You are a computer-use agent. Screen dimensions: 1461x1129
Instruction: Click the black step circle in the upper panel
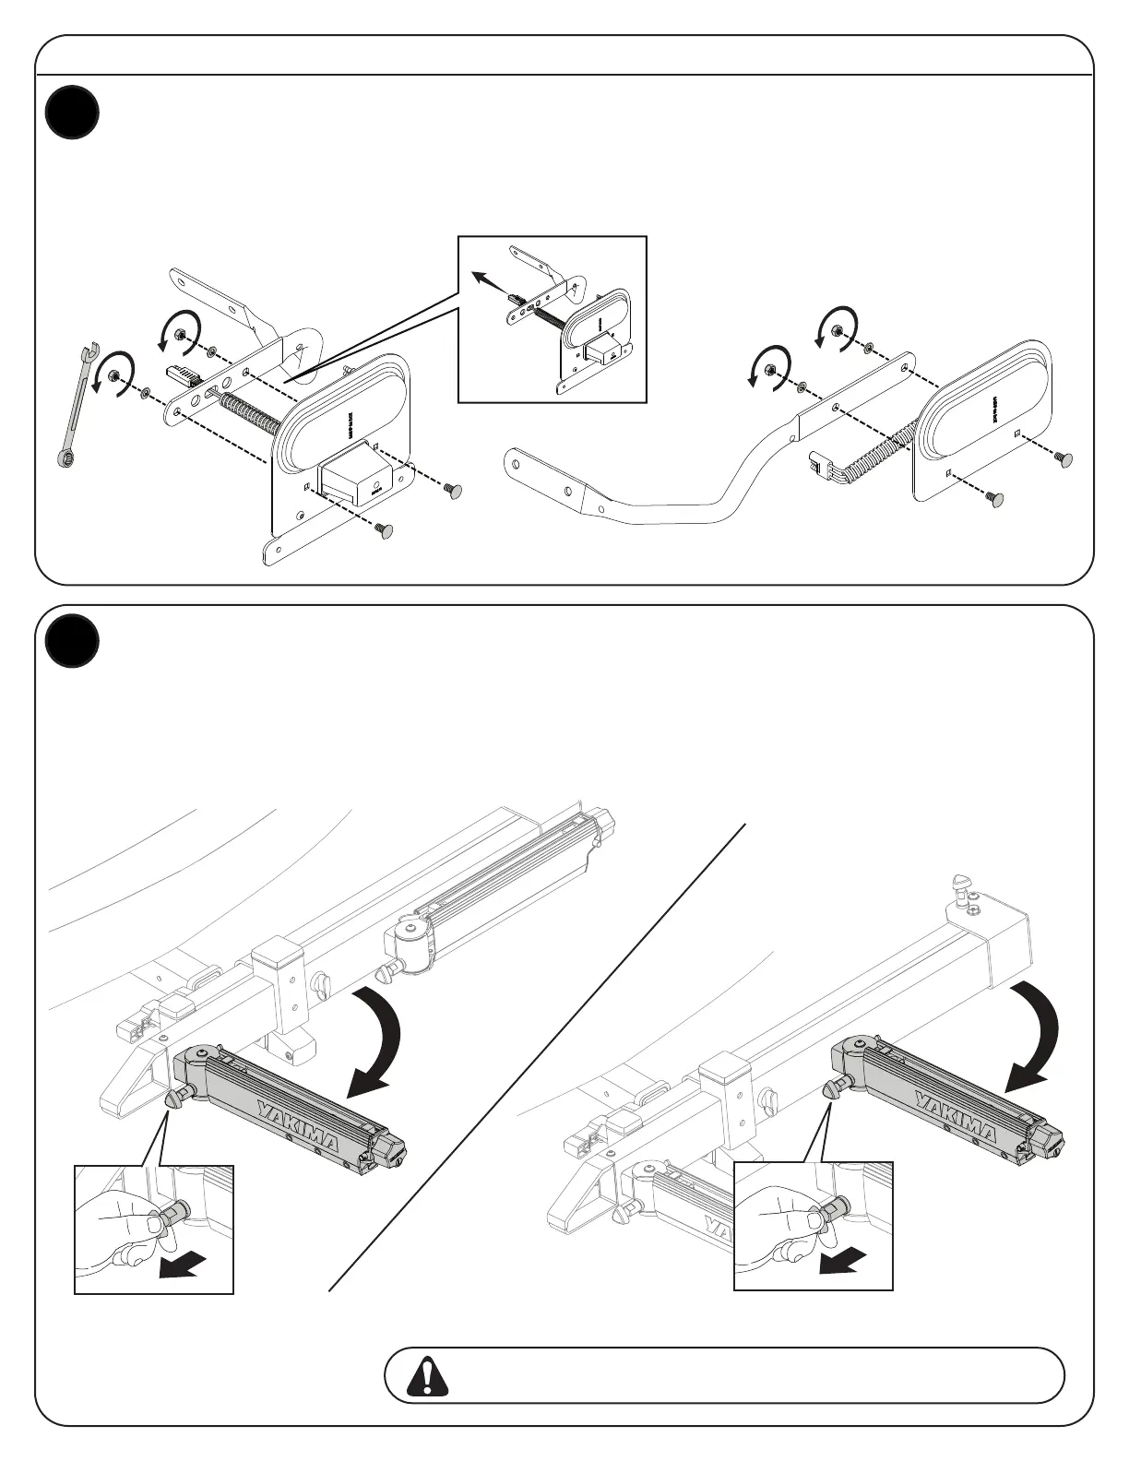[72, 113]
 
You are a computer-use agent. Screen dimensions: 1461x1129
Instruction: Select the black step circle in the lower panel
[72, 640]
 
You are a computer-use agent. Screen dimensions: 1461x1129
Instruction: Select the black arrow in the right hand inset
[845, 1259]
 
